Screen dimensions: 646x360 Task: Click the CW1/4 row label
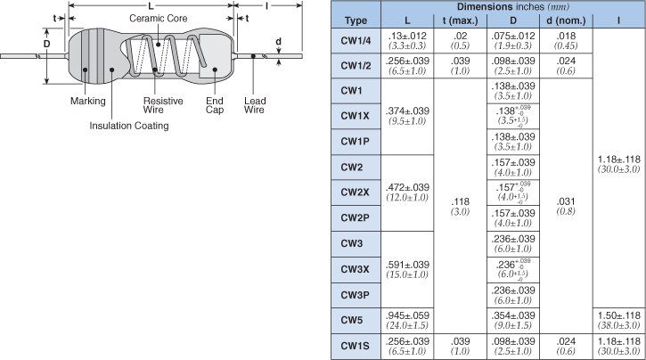click(356, 40)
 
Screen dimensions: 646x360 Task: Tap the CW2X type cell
click(356, 192)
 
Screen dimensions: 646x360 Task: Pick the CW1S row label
click(356, 345)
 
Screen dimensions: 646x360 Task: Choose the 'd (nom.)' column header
click(566, 20)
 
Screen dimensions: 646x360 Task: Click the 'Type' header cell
click(356, 20)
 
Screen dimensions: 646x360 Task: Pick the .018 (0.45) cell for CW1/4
click(566, 40)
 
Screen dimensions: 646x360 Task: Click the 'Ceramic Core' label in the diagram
click(159, 19)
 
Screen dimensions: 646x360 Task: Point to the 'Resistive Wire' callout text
click(163, 106)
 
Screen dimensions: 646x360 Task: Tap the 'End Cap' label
click(215, 106)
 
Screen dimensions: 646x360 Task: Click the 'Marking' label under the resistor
click(87, 101)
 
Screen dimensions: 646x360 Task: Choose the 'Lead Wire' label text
click(255, 106)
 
